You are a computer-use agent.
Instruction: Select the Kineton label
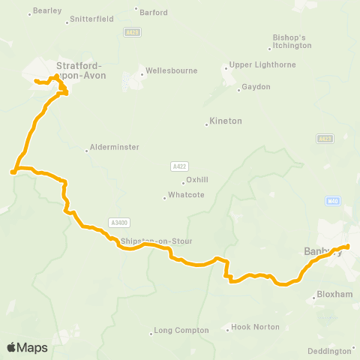tap(226, 121)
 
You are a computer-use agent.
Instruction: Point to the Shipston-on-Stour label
tap(157, 241)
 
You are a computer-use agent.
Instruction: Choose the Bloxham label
tap(334, 295)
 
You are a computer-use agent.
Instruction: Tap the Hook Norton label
tap(256, 327)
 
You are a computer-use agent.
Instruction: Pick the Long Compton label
tap(178, 331)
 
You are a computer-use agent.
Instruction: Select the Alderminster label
tap(114, 148)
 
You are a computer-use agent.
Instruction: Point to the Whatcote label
tap(184, 197)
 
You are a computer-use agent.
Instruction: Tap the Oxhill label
tap(196, 181)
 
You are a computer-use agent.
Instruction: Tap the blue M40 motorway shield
tap(334, 201)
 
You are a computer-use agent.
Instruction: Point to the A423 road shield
tap(324, 139)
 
